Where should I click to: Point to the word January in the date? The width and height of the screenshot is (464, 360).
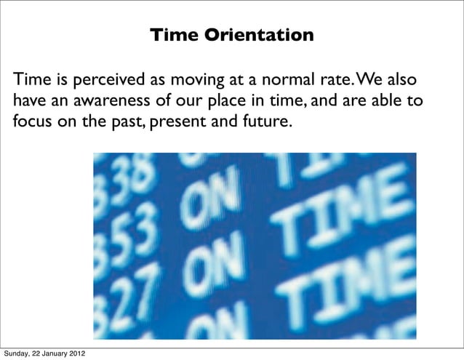click(57, 353)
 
